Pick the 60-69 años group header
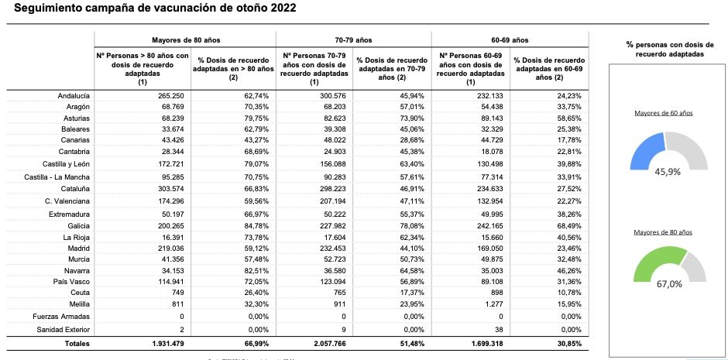[509, 39]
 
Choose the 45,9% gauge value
[667, 172]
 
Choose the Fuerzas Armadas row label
[62, 317]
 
